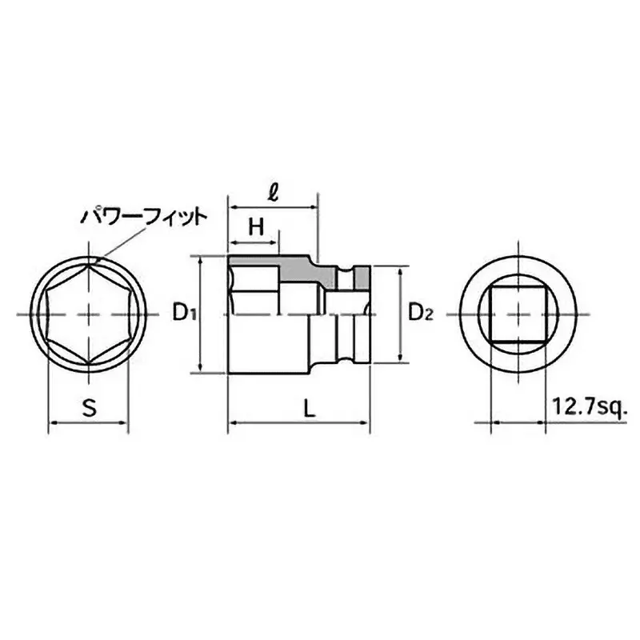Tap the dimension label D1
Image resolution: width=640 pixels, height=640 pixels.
pos(185,313)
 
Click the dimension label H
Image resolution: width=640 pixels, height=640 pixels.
pos(255,226)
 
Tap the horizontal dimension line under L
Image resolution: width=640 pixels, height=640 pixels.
pos(300,423)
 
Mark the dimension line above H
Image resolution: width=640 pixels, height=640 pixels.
pos(254,242)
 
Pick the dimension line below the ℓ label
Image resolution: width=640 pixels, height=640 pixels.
pos(274,209)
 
